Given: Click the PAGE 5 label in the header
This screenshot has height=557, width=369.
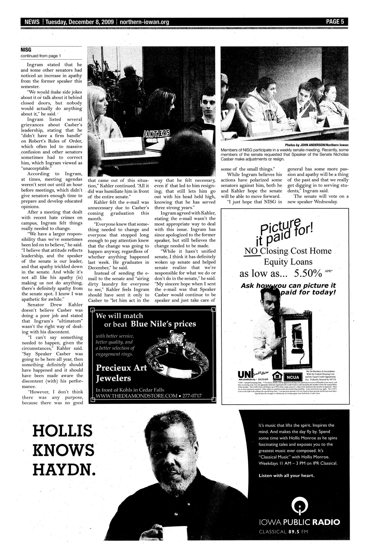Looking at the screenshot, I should tap(335, 22).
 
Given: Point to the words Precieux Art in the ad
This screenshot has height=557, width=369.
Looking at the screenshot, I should tap(121, 368).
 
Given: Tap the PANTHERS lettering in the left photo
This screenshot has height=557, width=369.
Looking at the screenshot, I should tap(156, 133).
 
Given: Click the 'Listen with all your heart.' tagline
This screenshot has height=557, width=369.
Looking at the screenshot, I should tap(286, 475).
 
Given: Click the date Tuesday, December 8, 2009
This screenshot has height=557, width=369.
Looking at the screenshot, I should tap(80, 22).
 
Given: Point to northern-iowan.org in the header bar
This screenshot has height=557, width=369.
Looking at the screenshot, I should tap(144, 22).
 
